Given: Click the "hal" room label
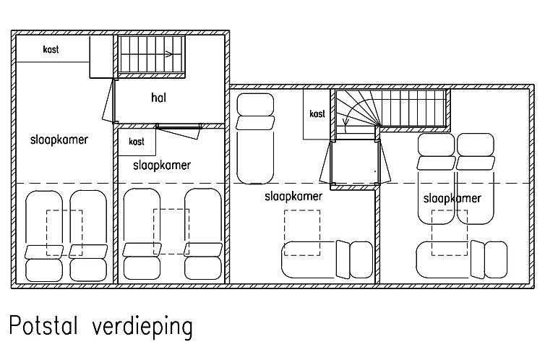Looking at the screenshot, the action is click(x=158, y=98).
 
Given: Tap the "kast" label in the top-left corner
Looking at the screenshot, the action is click(x=51, y=49).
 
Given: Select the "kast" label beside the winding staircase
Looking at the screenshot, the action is click(x=317, y=113).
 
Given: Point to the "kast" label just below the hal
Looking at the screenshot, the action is click(x=136, y=142).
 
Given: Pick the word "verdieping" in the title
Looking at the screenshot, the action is click(x=142, y=327).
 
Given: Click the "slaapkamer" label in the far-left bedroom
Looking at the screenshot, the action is click(x=59, y=140).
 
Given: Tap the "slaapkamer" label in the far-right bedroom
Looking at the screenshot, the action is click(x=452, y=198).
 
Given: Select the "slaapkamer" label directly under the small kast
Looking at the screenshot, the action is click(x=162, y=165).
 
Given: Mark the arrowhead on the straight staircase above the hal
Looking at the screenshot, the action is click(x=169, y=54).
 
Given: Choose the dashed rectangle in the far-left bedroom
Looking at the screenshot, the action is click(x=64, y=233).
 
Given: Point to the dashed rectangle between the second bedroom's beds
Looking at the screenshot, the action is click(x=171, y=231).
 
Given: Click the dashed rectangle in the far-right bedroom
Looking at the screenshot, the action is click(x=450, y=233).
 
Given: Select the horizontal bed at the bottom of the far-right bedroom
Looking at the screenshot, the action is click(x=462, y=260).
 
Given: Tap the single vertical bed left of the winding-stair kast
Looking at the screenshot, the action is click(x=255, y=138).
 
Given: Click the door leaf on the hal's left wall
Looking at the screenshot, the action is click(x=108, y=100).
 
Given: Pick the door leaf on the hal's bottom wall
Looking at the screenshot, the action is click(x=179, y=132).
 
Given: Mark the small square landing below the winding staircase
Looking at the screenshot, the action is click(x=355, y=162).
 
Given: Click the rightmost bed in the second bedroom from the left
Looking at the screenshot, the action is click(x=203, y=234).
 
